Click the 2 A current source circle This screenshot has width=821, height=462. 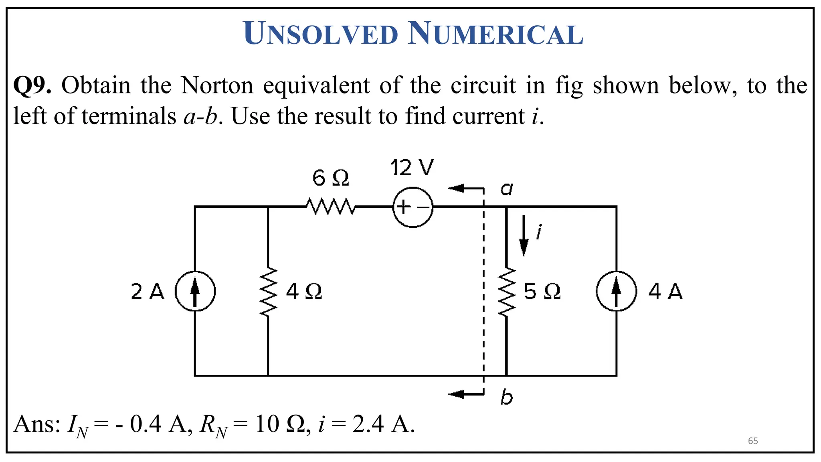click(x=195, y=291)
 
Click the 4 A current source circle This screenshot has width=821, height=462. click(x=616, y=291)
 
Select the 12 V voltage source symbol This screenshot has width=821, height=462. click(x=413, y=207)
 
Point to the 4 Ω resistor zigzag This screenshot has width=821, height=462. click(x=268, y=292)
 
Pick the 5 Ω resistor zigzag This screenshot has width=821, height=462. click(x=507, y=292)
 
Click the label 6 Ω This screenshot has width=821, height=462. click(x=331, y=178)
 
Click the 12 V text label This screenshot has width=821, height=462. click(x=412, y=168)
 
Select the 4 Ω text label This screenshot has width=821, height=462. click(x=304, y=292)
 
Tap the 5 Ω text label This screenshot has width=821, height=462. click(x=542, y=292)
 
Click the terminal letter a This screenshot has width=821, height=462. click(x=507, y=188)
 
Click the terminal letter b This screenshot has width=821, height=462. click(x=506, y=397)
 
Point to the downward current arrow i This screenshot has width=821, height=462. click(x=524, y=236)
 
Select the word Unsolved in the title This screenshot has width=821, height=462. click(x=320, y=34)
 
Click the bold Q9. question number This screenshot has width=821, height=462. click(x=32, y=85)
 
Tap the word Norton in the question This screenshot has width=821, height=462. click(x=217, y=85)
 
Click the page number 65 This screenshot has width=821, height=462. click(x=753, y=441)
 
